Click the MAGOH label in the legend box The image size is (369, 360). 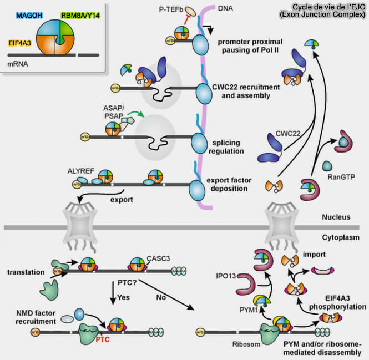coord(29,16)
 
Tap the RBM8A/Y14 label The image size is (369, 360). coord(80,16)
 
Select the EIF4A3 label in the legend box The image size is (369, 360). coord(20,43)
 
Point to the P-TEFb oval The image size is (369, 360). coord(190,11)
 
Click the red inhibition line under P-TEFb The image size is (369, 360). coord(187,19)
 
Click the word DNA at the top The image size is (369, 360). coord(225,8)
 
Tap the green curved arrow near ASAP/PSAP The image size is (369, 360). coord(137,113)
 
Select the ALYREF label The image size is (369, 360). coord(80,171)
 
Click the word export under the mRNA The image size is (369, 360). coord(122,200)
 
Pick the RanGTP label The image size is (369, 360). coord(341,177)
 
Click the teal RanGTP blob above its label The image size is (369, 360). coord(327,166)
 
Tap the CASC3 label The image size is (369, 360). coord(158,258)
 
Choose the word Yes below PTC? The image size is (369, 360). coord(123,297)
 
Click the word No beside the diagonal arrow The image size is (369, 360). coord(161,297)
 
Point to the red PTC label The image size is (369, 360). coord(103,339)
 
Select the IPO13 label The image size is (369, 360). coord(226,276)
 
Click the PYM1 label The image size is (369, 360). coord(249,310)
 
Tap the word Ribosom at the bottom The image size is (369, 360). coord(246,344)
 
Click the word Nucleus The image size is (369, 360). coord(336,217)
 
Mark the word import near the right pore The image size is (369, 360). coord(314,255)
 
